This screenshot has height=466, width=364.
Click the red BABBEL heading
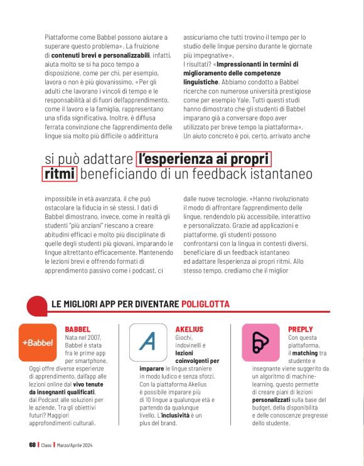point(78,329)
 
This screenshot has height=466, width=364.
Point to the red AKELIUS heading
point(190,329)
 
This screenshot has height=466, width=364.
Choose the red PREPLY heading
point(301,329)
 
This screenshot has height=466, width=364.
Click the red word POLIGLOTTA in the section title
point(205,304)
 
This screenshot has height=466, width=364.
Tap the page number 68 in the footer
point(33,445)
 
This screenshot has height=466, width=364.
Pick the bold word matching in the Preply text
point(305,354)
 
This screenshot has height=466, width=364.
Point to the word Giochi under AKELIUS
point(184,337)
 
